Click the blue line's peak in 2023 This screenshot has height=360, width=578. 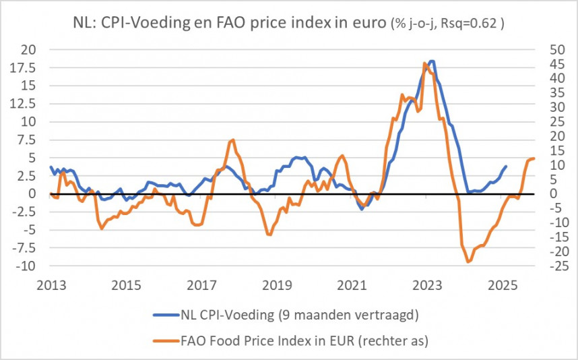click(432, 61)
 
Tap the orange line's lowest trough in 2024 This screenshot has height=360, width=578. click(468, 262)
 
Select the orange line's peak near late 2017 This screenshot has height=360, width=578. click(232, 140)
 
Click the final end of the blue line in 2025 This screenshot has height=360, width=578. click(507, 166)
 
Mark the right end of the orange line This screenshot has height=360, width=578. click(534, 158)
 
